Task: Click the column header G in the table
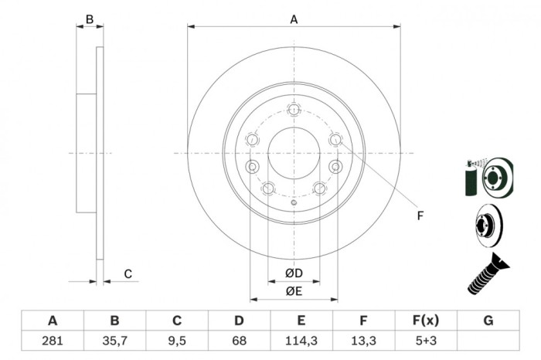[488, 321]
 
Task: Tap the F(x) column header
[426, 321]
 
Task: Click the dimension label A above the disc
[294, 19]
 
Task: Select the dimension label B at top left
[90, 19]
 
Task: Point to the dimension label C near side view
[128, 273]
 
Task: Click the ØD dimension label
[293, 273]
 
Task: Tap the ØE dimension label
[293, 290]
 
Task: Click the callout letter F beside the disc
[420, 216]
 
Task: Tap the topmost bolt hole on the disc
[294, 109]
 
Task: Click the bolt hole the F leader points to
[335, 140]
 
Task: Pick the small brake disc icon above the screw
[487, 227]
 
